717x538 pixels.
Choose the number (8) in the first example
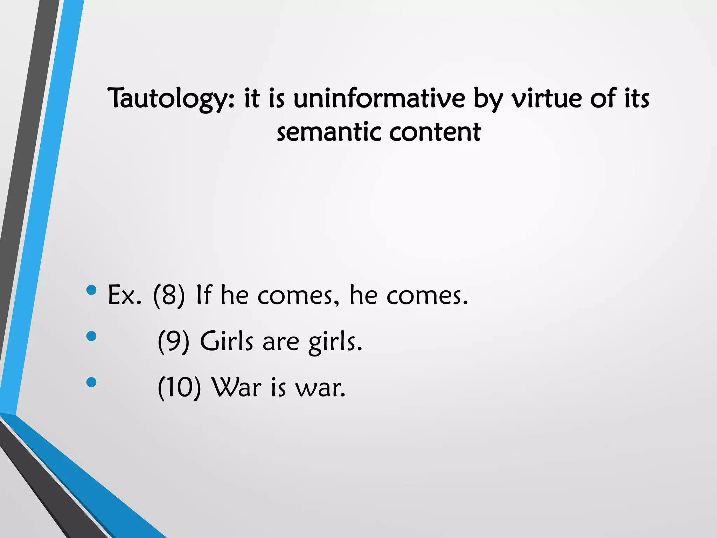coord(169,295)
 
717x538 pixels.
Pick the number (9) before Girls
coord(174,341)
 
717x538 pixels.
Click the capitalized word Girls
coord(226,341)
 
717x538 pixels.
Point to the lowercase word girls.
coord(335,342)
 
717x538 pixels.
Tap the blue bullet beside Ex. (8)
coord(91,290)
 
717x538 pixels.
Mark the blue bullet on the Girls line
coord(91,336)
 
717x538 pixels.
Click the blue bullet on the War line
coord(91,382)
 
